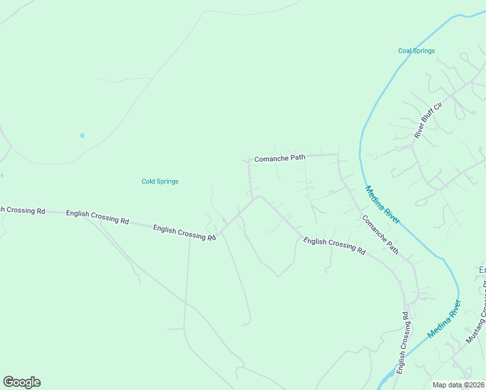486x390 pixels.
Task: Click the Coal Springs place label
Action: [x=416, y=51]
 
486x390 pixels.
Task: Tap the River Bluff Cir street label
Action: [x=428, y=121]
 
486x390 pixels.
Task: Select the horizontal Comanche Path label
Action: [x=279, y=158]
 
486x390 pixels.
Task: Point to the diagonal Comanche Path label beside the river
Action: [x=380, y=235]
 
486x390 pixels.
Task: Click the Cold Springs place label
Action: [x=160, y=181]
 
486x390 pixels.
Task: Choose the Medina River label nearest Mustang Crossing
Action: [x=444, y=319]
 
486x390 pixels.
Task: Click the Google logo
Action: [x=21, y=382]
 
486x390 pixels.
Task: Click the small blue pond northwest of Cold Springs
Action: [x=82, y=135]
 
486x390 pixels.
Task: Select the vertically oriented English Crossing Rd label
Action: [x=403, y=343]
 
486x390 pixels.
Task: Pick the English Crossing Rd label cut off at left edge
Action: [x=22, y=211]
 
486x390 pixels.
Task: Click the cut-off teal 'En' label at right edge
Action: [x=482, y=270]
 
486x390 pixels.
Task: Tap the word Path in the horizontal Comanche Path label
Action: [x=297, y=157]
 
